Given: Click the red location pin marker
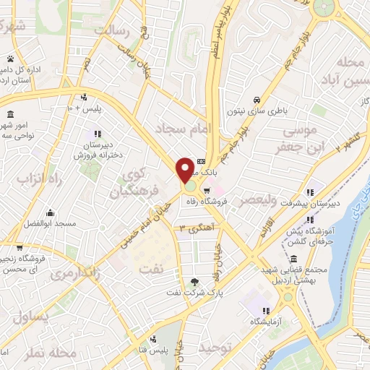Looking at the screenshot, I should pos(185,169).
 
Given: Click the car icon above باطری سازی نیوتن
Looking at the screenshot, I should pos(256,100).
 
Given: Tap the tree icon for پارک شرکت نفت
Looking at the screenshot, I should pos(194,282).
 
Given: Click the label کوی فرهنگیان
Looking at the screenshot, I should pos(134,184).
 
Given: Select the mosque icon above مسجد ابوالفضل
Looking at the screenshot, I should pos(50,212).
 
